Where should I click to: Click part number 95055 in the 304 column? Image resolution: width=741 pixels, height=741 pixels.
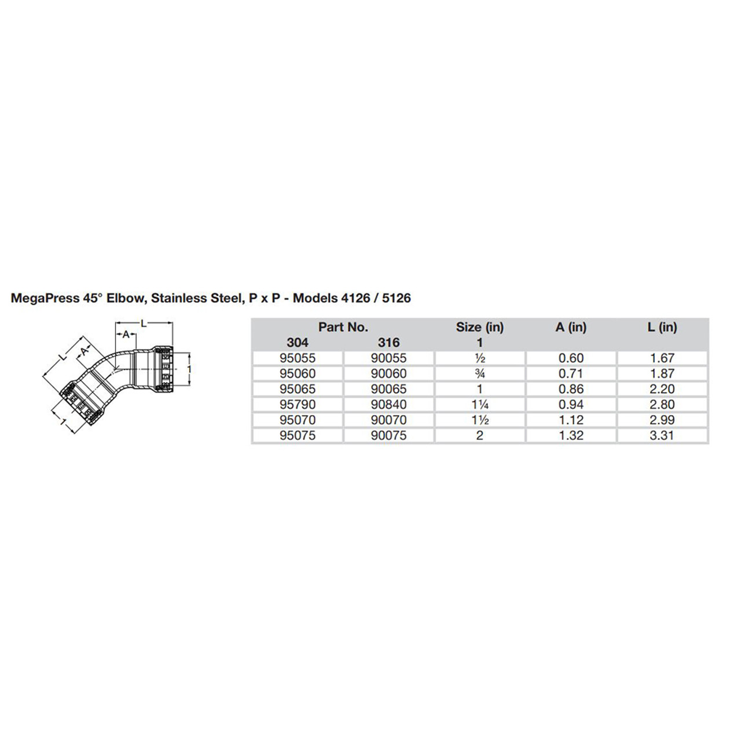(298, 358)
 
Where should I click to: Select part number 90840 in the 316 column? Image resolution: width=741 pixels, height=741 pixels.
(388, 405)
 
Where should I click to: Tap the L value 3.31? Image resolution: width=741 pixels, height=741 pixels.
(662, 435)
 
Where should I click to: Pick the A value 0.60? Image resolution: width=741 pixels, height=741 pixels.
(571, 358)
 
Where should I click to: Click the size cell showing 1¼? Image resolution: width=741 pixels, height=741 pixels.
(479, 405)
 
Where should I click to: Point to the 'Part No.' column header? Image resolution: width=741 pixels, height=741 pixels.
(343, 327)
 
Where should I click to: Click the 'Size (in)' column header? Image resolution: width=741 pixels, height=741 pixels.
(479, 327)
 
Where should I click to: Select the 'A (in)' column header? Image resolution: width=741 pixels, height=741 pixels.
(571, 327)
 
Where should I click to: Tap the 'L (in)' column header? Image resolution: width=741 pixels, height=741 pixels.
(662, 327)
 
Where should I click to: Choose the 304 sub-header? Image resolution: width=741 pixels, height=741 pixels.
(298, 343)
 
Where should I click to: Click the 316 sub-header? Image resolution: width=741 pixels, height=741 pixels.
(388, 343)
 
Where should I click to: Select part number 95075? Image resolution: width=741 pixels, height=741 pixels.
(298, 435)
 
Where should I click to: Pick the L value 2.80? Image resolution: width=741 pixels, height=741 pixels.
(662, 405)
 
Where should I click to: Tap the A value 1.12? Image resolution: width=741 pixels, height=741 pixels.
(571, 420)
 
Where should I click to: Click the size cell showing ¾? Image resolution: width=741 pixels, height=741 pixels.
(479, 374)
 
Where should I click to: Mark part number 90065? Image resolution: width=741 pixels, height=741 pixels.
(388, 389)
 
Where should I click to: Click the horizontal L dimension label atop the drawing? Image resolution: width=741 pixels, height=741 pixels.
(144, 323)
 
